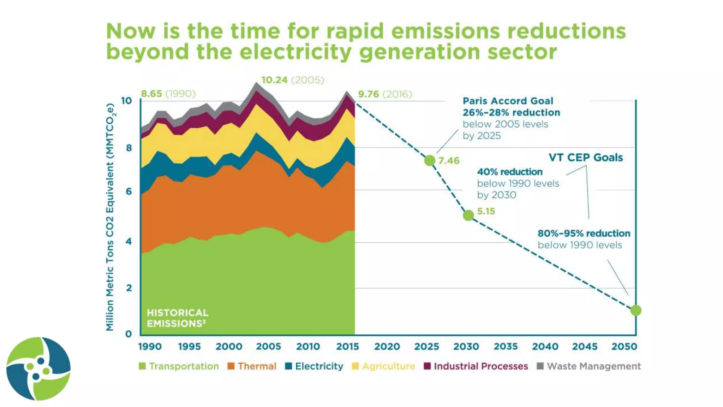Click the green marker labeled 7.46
(430, 160)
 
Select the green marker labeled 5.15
(468, 215)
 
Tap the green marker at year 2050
(636, 310)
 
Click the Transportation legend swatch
(142, 366)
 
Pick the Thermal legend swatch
(231, 366)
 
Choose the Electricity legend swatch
(288, 366)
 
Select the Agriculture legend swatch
(355, 366)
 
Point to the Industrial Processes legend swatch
(427, 366)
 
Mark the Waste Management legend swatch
(540, 366)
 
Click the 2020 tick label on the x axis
(387, 347)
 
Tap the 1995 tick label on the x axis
(189, 347)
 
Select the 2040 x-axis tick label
(545, 347)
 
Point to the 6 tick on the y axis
(129, 191)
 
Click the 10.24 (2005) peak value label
(292, 80)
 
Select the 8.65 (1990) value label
(168, 94)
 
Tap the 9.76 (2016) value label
(385, 94)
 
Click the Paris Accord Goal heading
(508, 101)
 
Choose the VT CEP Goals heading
(585, 158)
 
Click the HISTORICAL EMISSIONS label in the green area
(178, 318)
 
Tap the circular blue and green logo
(38, 368)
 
